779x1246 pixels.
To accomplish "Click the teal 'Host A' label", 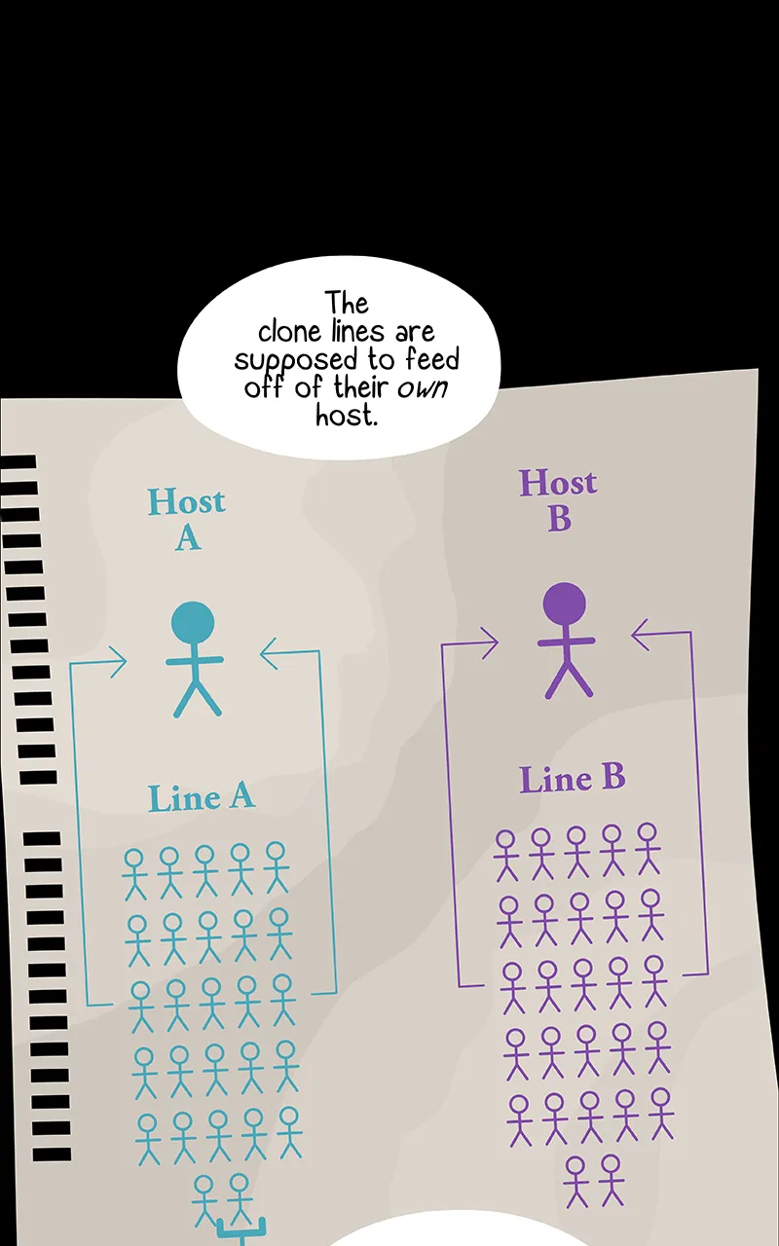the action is click(187, 519).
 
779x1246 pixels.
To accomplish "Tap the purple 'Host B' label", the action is click(558, 500).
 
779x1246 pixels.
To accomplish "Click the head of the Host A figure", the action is click(193, 622).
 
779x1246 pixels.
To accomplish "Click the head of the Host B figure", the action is click(564, 604).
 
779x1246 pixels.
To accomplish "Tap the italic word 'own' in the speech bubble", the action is click(423, 387).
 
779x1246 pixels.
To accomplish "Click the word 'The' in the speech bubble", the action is click(348, 303).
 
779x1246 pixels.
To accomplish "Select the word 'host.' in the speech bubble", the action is click(347, 415).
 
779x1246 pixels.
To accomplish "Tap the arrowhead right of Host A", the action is click(269, 653).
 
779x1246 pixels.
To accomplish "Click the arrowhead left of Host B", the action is click(490, 643).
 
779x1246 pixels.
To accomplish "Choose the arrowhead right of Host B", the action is click(640, 635).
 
